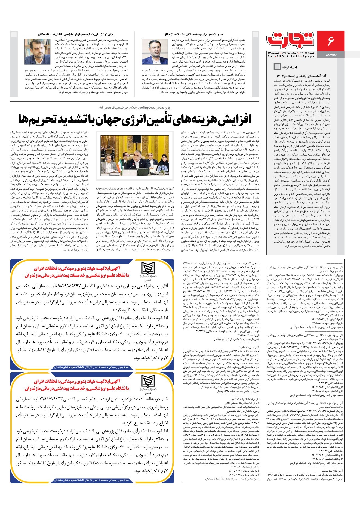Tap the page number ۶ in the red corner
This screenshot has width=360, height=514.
pos(331,41)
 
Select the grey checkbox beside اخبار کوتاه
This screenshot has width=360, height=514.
pos(277,66)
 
